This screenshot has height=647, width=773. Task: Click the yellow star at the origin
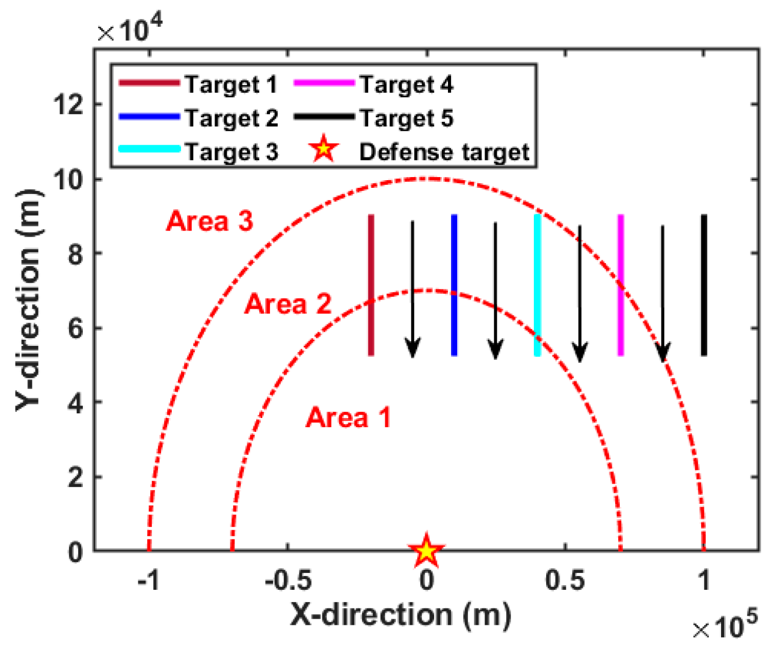(x=426, y=551)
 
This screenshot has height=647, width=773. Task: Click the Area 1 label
(x=348, y=417)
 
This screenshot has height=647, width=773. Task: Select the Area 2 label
(x=287, y=304)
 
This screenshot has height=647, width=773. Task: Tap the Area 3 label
(x=209, y=221)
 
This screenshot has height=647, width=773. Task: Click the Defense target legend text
(x=444, y=152)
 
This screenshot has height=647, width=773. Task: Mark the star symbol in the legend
(x=323, y=149)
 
